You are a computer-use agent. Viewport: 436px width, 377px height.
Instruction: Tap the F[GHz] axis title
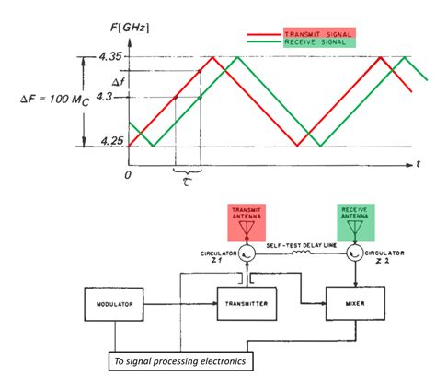(x=130, y=27)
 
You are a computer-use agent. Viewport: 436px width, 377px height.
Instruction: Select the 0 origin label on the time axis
(x=129, y=173)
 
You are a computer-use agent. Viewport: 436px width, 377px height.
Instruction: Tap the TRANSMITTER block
(x=244, y=303)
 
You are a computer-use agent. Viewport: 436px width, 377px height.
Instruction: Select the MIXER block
(x=353, y=303)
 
